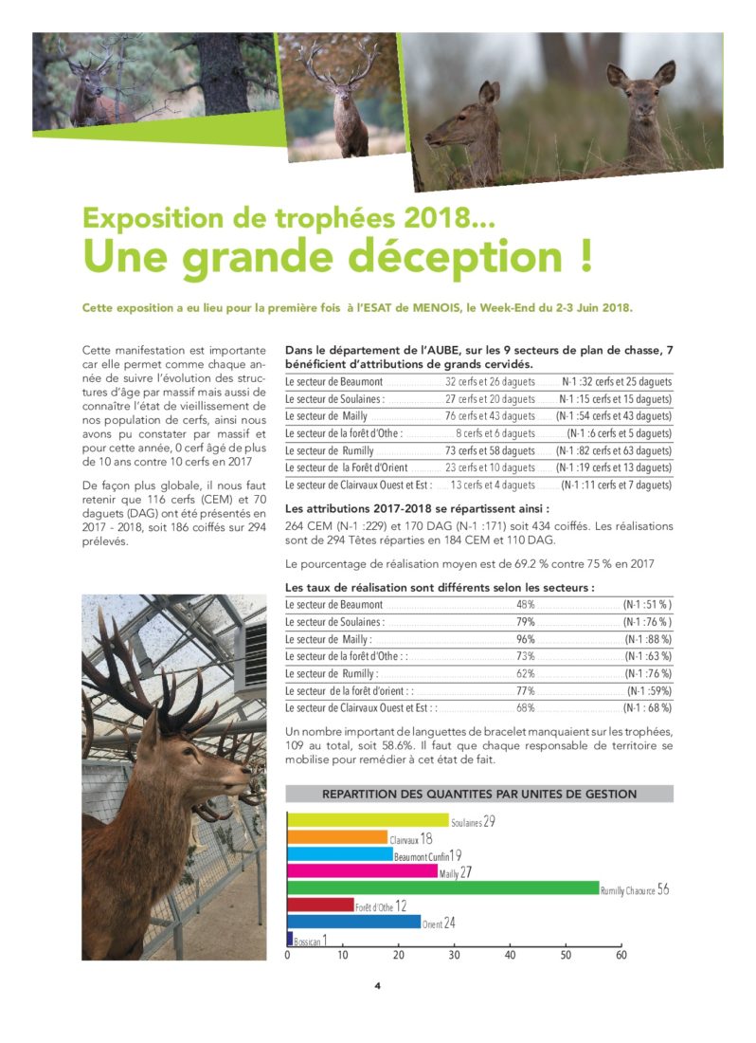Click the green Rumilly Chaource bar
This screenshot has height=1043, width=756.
442,888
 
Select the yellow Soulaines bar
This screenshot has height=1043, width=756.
368,820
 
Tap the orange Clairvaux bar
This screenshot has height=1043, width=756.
337,837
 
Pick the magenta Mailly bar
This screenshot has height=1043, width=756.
362,871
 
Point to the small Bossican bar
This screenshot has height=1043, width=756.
290,939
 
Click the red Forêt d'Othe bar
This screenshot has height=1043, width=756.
320,906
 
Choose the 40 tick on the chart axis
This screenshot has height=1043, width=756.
510,955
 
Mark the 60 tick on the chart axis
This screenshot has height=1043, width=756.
621,955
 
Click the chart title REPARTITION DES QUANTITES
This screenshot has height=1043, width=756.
479,794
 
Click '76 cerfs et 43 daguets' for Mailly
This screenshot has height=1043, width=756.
490,416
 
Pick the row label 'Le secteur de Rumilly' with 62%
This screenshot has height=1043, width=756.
332,673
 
